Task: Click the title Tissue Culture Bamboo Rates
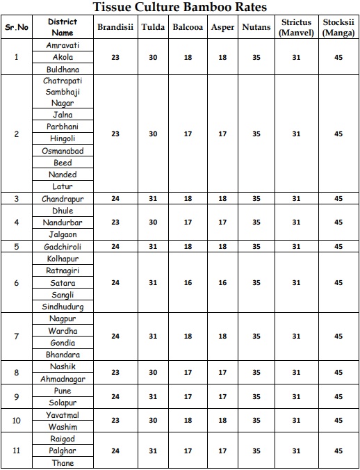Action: (180, 7)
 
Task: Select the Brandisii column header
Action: (115, 27)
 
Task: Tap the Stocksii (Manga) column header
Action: (338, 27)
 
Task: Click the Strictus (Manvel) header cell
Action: (296, 27)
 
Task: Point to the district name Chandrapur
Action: (63, 198)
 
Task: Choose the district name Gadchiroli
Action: (63, 246)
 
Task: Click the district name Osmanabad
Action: (63, 151)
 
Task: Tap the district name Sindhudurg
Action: (63, 307)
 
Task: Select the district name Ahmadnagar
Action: (63, 379)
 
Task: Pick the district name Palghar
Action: (63, 451)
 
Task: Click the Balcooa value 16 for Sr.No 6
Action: (188, 283)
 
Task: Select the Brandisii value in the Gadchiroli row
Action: (115, 246)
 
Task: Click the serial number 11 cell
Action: (17, 451)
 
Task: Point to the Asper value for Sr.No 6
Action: (222, 283)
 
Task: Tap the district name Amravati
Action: (63, 44)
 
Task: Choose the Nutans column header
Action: (256, 27)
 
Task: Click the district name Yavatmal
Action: (63, 414)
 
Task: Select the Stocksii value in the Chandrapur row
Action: (338, 198)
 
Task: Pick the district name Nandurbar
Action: (63, 222)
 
